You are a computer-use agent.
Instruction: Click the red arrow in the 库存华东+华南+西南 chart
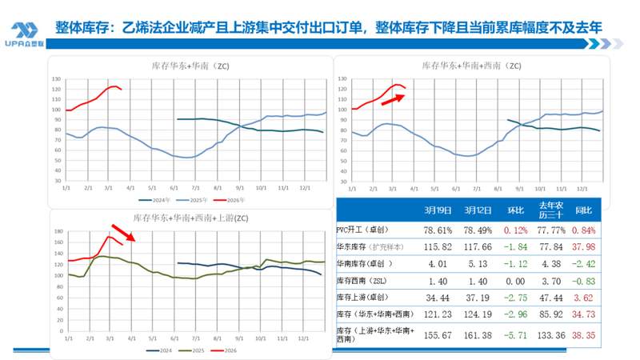(392, 98)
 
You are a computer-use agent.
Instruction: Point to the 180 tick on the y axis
(57, 231)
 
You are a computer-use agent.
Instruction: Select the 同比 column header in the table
(585, 210)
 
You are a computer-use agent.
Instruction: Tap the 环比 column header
(511, 210)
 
